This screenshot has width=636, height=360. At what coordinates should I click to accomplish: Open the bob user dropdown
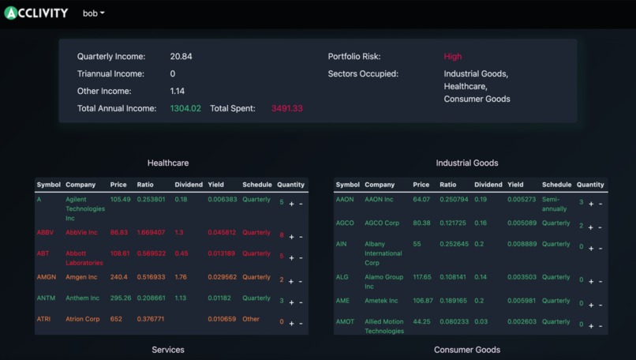click(x=93, y=13)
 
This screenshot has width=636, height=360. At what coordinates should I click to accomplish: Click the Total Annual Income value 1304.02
click(x=185, y=108)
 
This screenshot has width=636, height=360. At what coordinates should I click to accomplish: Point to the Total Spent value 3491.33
click(x=286, y=108)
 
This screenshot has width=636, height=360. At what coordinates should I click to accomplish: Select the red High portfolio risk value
click(x=453, y=57)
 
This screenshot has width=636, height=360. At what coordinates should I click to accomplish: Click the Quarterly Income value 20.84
click(x=181, y=57)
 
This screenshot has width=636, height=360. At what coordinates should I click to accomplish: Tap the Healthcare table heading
click(x=168, y=163)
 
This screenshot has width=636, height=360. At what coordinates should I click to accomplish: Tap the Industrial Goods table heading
click(x=467, y=163)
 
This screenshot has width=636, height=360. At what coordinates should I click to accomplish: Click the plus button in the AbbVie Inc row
click(x=291, y=236)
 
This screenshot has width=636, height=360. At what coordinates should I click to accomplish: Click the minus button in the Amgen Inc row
click(x=301, y=281)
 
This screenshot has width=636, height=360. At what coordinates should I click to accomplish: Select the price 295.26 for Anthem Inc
click(x=121, y=298)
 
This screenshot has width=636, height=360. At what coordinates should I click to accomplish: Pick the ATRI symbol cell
click(x=43, y=320)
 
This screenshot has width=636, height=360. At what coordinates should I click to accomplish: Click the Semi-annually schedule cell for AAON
click(x=554, y=204)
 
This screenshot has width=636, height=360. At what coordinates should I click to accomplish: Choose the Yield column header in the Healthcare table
click(x=215, y=185)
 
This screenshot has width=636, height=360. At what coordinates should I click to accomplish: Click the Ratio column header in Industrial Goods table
click(x=447, y=185)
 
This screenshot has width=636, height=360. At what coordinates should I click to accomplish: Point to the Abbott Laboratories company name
click(x=84, y=258)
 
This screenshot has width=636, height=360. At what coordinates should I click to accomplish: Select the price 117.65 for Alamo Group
click(x=422, y=277)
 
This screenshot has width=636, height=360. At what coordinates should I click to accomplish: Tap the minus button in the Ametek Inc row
click(x=600, y=304)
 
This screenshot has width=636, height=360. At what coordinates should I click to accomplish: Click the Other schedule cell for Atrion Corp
click(x=250, y=320)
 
